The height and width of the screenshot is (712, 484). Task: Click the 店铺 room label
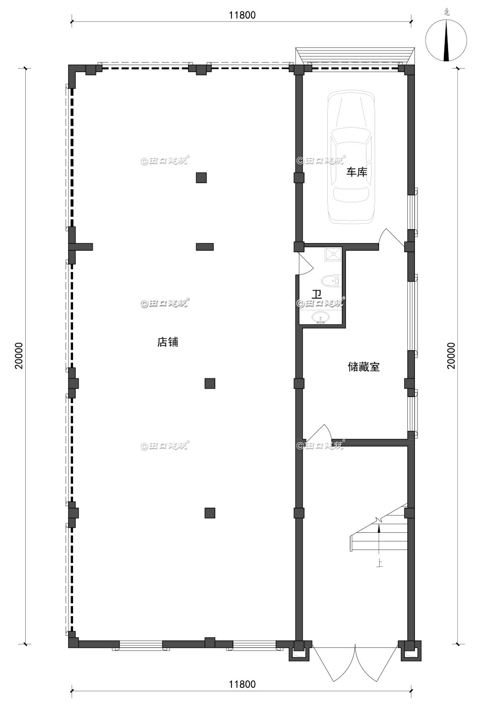167,342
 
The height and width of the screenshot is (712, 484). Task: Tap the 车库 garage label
356,172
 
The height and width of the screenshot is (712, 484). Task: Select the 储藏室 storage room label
364,367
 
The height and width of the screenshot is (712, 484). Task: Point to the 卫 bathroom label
317,294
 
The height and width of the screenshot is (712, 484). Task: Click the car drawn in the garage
350,156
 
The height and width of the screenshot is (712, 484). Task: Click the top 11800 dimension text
242,15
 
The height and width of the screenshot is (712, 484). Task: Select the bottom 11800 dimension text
242,684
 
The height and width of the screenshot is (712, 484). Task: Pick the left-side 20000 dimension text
19,356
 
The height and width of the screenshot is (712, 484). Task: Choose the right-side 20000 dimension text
451,356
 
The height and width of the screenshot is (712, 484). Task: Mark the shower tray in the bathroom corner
333,253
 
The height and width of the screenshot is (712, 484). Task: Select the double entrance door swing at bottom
355,661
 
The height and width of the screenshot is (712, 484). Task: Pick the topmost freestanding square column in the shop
201,178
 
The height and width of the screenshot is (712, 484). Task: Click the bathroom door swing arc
306,264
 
